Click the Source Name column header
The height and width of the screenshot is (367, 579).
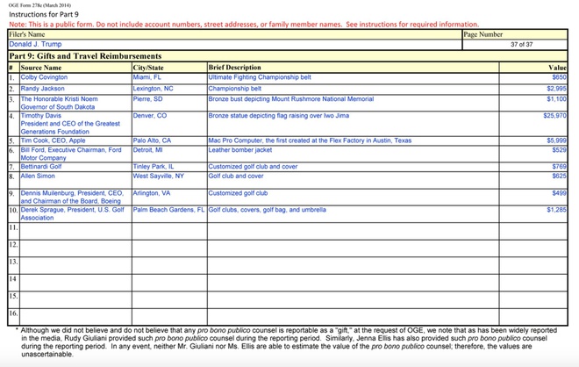(41, 68)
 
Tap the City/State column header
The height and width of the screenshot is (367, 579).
(148, 68)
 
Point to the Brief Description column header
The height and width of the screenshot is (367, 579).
(234, 68)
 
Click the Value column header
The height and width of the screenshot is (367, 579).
(557, 68)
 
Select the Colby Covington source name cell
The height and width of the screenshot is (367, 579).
(44, 77)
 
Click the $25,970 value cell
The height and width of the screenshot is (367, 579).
(554, 115)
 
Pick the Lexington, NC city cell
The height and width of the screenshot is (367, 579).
(154, 89)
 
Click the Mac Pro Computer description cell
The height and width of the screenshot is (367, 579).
(309, 140)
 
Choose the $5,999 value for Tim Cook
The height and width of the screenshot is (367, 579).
(556, 140)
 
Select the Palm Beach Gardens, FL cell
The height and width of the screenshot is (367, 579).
(168, 210)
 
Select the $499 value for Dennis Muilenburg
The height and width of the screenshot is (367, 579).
(559, 192)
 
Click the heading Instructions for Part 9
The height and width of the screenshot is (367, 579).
(45, 15)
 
